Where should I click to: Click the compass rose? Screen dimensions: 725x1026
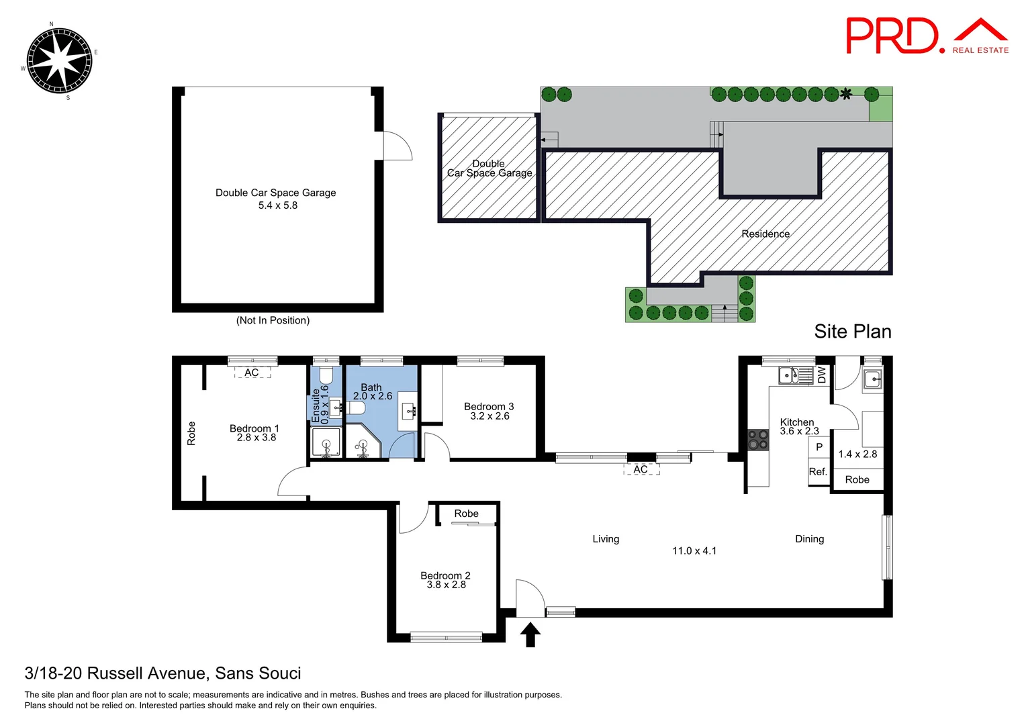(58, 61)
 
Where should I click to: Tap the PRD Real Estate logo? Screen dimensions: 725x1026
(927, 36)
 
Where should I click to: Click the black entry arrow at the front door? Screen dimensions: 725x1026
(530, 634)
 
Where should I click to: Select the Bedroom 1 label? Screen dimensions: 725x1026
(254, 428)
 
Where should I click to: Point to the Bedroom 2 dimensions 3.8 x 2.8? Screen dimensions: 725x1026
(446, 585)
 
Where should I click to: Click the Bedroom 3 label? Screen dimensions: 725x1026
(489, 406)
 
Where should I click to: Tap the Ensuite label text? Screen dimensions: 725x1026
(316, 405)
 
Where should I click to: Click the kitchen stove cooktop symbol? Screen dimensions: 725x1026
(758, 440)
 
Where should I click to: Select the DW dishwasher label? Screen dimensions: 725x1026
(821, 375)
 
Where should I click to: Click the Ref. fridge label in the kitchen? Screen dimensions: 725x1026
(818, 472)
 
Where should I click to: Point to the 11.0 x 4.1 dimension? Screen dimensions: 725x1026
(694, 551)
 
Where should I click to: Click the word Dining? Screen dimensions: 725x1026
(809, 539)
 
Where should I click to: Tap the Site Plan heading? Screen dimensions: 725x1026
(852, 332)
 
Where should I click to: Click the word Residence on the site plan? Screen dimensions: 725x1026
(765, 234)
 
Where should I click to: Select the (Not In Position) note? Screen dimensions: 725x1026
(273, 321)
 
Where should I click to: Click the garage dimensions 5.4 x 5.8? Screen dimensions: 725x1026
(277, 205)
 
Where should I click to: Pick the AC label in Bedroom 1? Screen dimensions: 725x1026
(252, 373)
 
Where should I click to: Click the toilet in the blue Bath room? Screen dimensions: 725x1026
(357, 408)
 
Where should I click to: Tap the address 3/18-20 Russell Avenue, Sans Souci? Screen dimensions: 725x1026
(162, 673)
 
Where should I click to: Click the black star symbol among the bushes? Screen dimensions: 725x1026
(847, 94)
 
